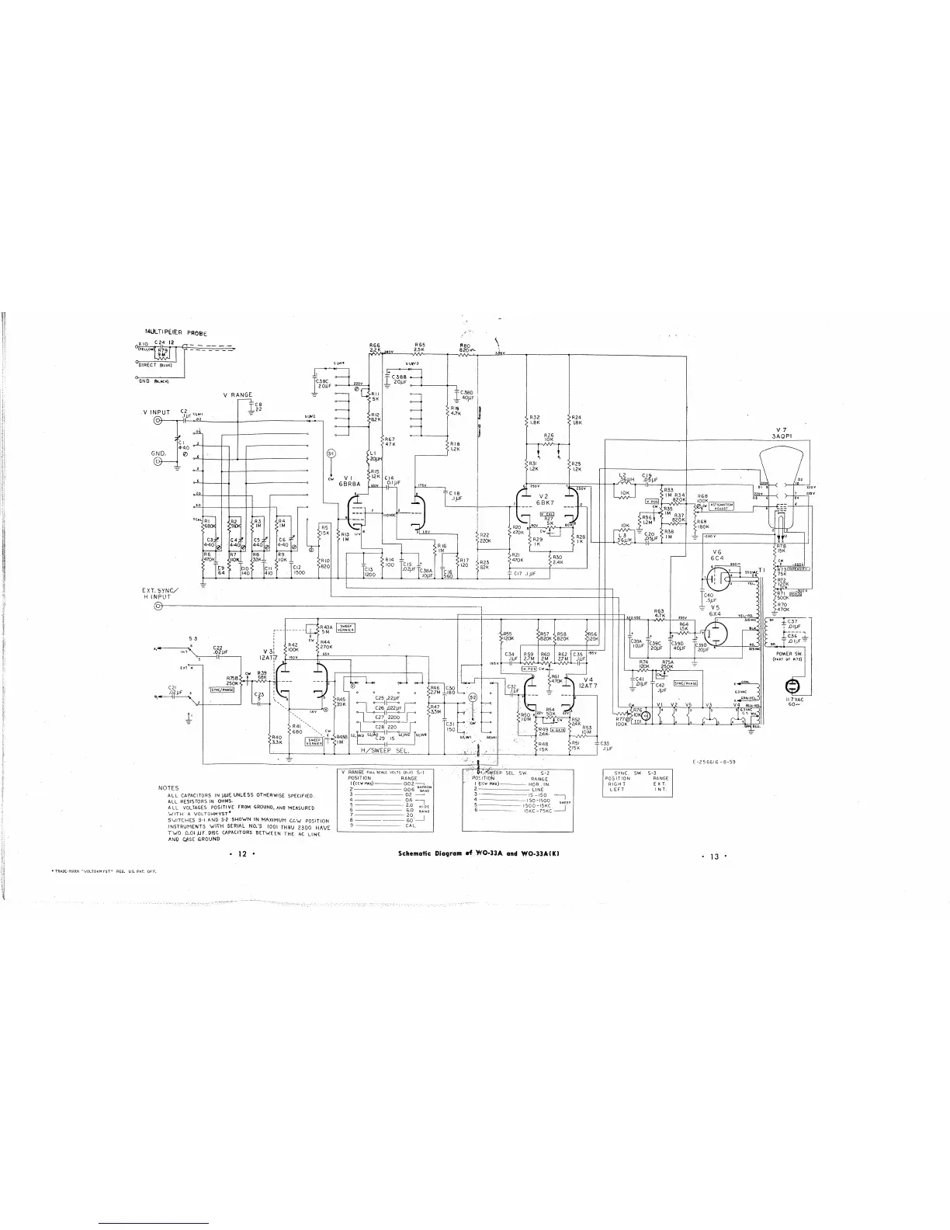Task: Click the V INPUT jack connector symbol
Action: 160,421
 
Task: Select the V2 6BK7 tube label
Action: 543,499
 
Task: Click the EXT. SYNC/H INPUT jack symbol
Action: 160,606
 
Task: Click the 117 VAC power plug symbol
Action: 792,686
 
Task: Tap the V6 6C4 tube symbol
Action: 717,579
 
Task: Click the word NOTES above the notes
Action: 169,788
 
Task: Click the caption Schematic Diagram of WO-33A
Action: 478,853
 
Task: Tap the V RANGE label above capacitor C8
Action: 237,395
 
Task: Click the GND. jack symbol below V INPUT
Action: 160,460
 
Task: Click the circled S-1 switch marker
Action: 331,453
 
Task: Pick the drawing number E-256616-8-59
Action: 713,762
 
